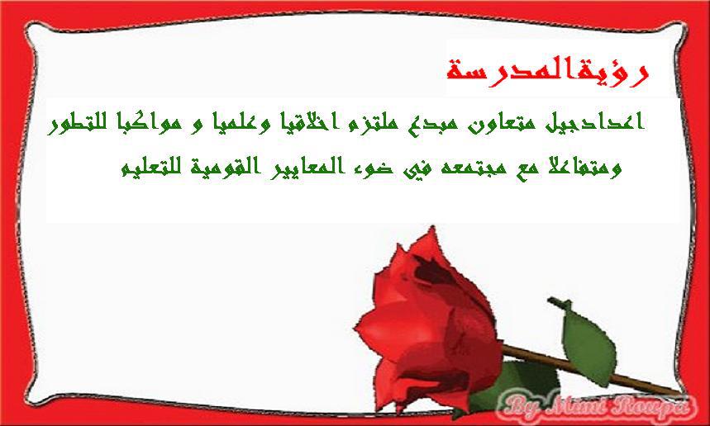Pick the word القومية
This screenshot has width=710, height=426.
[223, 168]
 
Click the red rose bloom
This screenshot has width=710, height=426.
[428, 321]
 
